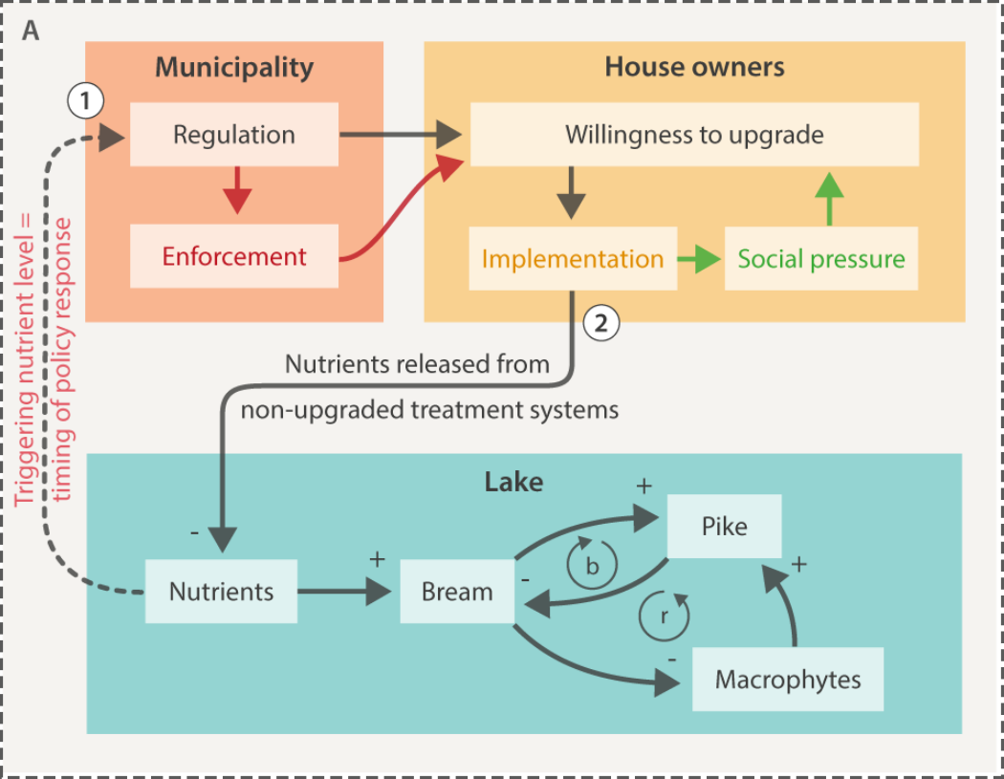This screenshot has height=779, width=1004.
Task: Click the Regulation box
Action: pos(234,135)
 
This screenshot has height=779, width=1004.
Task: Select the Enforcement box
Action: pos(234,256)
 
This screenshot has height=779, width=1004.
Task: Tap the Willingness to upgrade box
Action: pos(694,135)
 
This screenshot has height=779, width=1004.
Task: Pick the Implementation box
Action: pos(572,259)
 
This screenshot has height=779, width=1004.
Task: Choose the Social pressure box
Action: pos(821,259)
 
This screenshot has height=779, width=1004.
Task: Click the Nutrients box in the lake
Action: pos(221,592)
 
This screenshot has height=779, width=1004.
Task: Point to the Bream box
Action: pos(457,592)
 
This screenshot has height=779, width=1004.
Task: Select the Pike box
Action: pos(725,527)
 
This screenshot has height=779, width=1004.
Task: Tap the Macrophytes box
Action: pos(788,680)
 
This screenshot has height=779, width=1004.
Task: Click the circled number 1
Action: pos(86,99)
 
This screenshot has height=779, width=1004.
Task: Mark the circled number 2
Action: pos(600,323)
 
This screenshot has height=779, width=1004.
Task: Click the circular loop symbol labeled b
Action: pos(592,566)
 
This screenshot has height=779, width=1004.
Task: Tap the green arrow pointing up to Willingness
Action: pos(829,198)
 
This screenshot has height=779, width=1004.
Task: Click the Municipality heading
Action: pos(234,67)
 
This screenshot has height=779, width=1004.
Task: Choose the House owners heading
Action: pos(694,67)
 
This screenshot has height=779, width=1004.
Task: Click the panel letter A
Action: pos(32,31)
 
